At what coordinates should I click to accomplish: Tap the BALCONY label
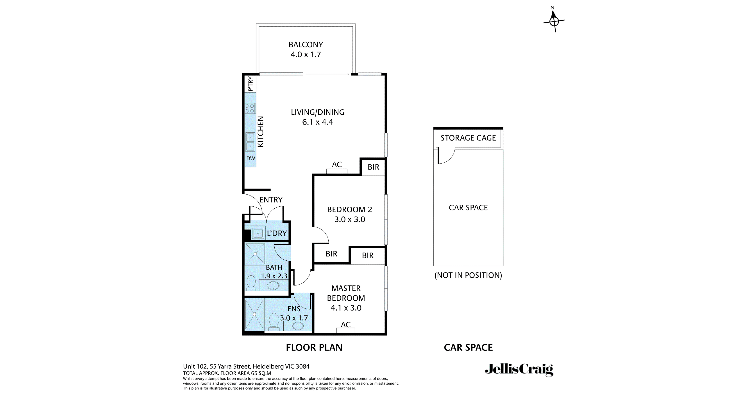[x=306, y=45]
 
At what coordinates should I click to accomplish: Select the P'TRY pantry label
[x=250, y=84]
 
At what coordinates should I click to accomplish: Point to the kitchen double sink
[x=250, y=142]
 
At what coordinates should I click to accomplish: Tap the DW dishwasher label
[x=251, y=159]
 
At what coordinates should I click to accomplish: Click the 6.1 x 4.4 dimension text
[x=317, y=122]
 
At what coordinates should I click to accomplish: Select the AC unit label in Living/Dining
[x=337, y=164]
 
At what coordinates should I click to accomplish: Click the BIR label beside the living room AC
[x=374, y=167]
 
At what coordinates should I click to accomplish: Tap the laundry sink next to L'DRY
[x=258, y=233]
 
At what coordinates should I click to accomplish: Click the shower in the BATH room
[x=255, y=254]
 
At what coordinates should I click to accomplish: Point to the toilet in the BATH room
[x=251, y=283]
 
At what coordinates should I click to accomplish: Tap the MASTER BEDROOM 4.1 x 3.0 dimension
[x=346, y=308]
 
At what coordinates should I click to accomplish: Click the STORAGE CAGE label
[x=468, y=138]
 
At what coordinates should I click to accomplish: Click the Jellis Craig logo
[x=519, y=370]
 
